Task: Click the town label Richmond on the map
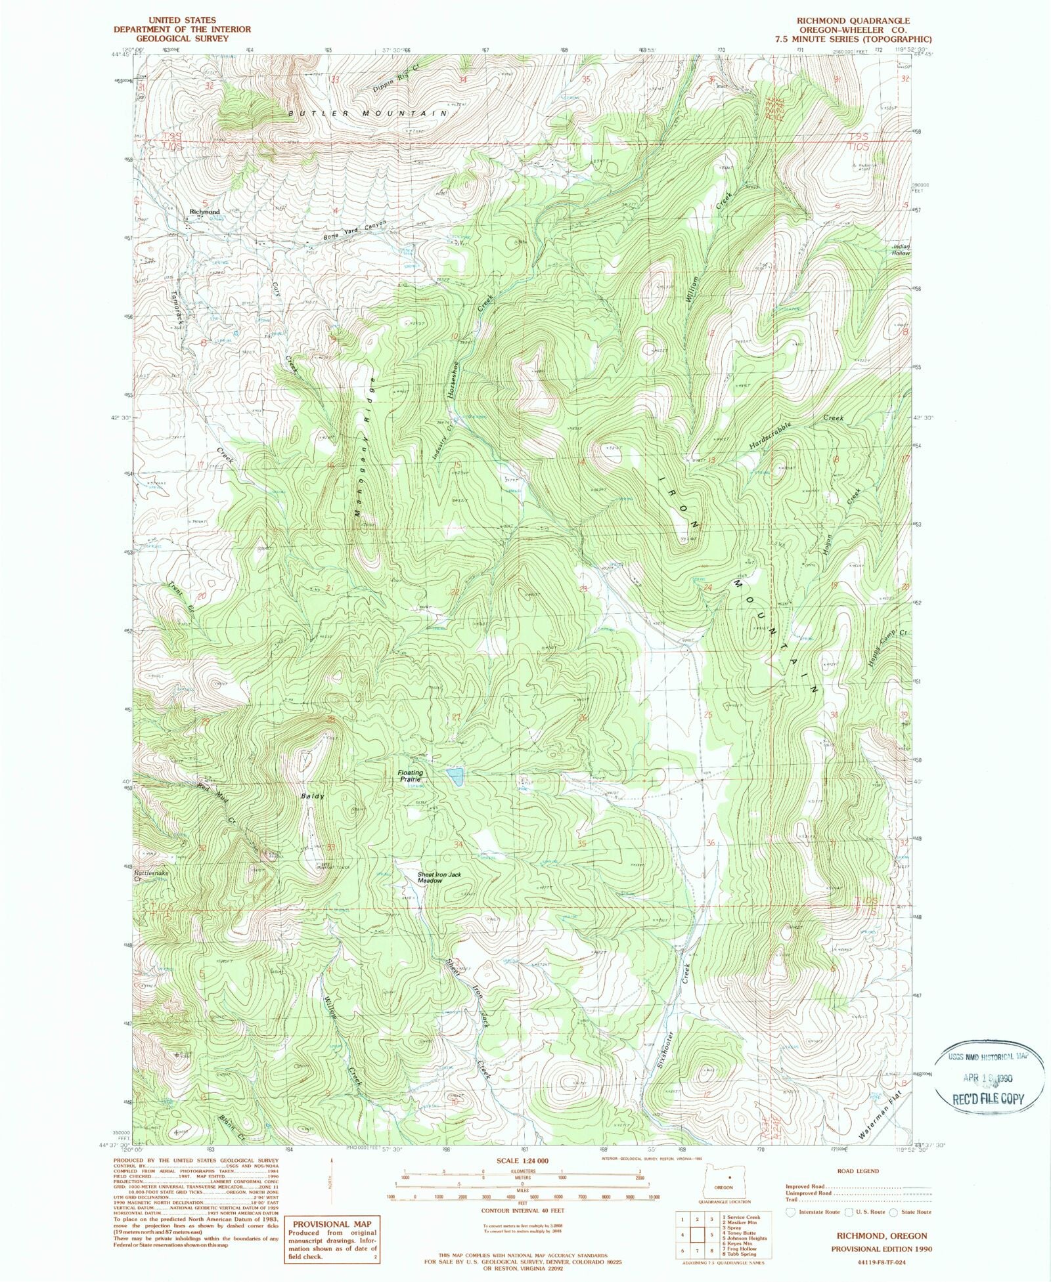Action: click(204, 212)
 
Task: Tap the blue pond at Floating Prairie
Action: click(454, 777)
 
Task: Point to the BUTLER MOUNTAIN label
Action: click(368, 114)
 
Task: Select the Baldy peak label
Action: click(313, 796)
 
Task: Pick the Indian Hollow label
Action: click(901, 250)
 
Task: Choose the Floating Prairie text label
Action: click(411, 777)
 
